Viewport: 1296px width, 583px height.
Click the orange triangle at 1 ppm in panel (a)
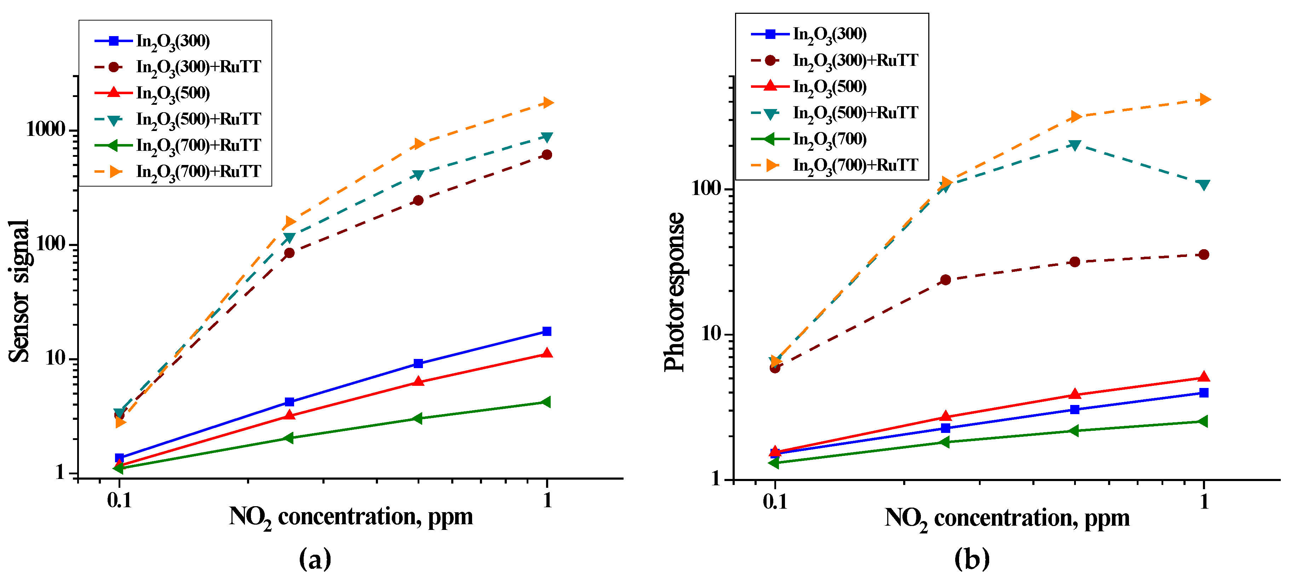click(548, 103)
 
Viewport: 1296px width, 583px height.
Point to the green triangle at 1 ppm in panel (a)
click(546, 402)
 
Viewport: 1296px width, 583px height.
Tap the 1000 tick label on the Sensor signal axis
click(46, 130)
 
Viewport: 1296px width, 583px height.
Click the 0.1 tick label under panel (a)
click(119, 500)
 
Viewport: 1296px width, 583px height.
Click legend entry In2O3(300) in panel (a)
click(173, 41)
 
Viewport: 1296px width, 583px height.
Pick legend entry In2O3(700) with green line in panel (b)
click(830, 139)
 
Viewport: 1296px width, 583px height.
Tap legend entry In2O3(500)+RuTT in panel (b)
click(855, 113)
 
